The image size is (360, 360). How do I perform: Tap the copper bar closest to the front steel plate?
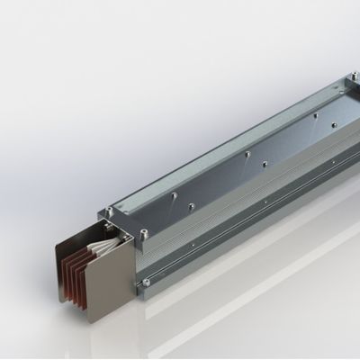[x=90, y=286]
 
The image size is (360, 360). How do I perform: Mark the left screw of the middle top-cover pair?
[x=247, y=153]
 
